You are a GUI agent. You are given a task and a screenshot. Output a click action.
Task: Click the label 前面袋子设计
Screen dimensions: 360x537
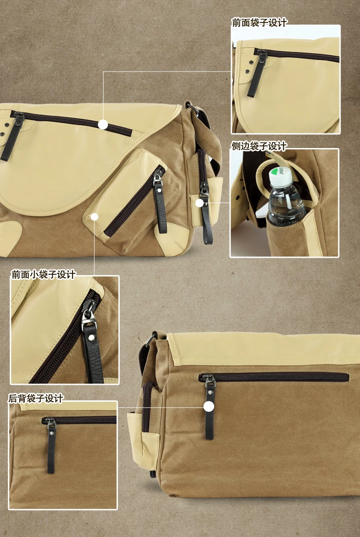click(x=259, y=23)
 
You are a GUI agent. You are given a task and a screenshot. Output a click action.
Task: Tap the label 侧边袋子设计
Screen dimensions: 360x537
click(x=259, y=146)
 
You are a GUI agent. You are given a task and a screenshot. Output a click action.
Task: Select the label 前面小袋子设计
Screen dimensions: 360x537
click(x=43, y=274)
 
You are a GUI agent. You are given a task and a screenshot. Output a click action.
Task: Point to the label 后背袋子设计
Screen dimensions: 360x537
click(x=36, y=398)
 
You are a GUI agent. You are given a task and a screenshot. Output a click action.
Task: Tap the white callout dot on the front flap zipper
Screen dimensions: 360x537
click(x=103, y=124)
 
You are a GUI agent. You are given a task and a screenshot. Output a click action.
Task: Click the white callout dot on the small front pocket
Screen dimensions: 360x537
click(x=94, y=217)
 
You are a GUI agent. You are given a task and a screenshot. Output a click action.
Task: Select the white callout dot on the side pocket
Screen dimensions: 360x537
click(x=199, y=203)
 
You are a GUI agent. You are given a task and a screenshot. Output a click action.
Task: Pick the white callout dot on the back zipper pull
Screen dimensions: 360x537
click(x=209, y=407)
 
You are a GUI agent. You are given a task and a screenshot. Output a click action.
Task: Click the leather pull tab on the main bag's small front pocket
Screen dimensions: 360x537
click(x=160, y=205)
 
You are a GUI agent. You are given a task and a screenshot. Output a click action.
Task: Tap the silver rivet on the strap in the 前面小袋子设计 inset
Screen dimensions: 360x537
click(x=91, y=338)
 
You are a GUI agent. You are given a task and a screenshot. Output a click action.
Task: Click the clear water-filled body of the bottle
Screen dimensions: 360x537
click(x=285, y=205)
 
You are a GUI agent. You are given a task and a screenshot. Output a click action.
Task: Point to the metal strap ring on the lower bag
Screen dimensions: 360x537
click(x=150, y=340)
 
